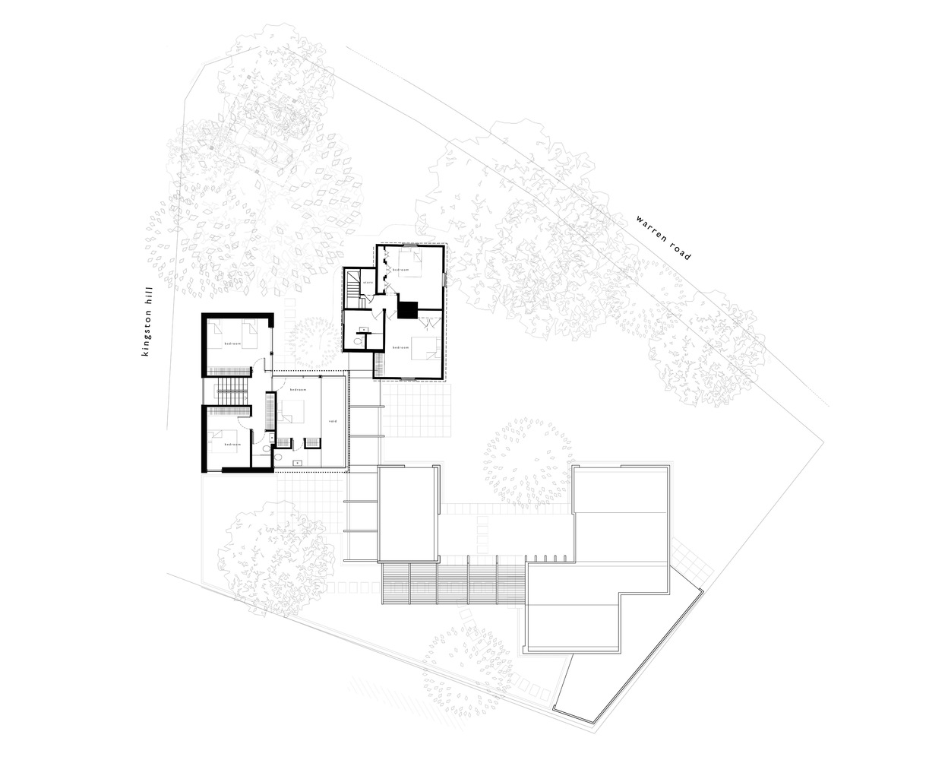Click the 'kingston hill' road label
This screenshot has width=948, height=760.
(x=148, y=321)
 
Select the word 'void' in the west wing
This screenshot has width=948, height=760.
(x=332, y=421)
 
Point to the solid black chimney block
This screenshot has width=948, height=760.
(x=409, y=310)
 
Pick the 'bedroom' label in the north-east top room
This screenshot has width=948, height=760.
(x=400, y=271)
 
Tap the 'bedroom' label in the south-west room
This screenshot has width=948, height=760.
(x=232, y=444)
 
